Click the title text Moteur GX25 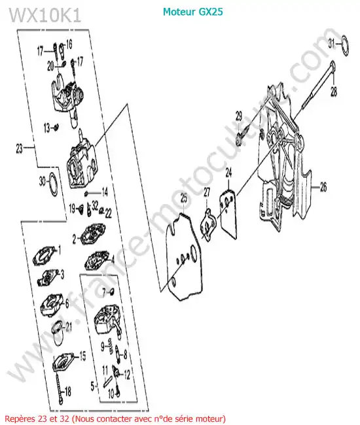click(192, 12)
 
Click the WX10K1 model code click(45, 15)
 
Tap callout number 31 click(332, 43)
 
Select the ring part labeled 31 click(345, 46)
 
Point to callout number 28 click(334, 92)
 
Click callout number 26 click(323, 187)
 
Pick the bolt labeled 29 click(242, 137)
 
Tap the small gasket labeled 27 click(208, 224)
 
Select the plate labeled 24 click(228, 214)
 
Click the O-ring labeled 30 click(53, 183)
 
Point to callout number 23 click(19, 148)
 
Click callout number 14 click(105, 192)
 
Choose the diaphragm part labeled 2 click(92, 235)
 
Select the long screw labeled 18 click(59, 387)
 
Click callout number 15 click(82, 356)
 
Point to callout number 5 click(93, 386)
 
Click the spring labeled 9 click(111, 345)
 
